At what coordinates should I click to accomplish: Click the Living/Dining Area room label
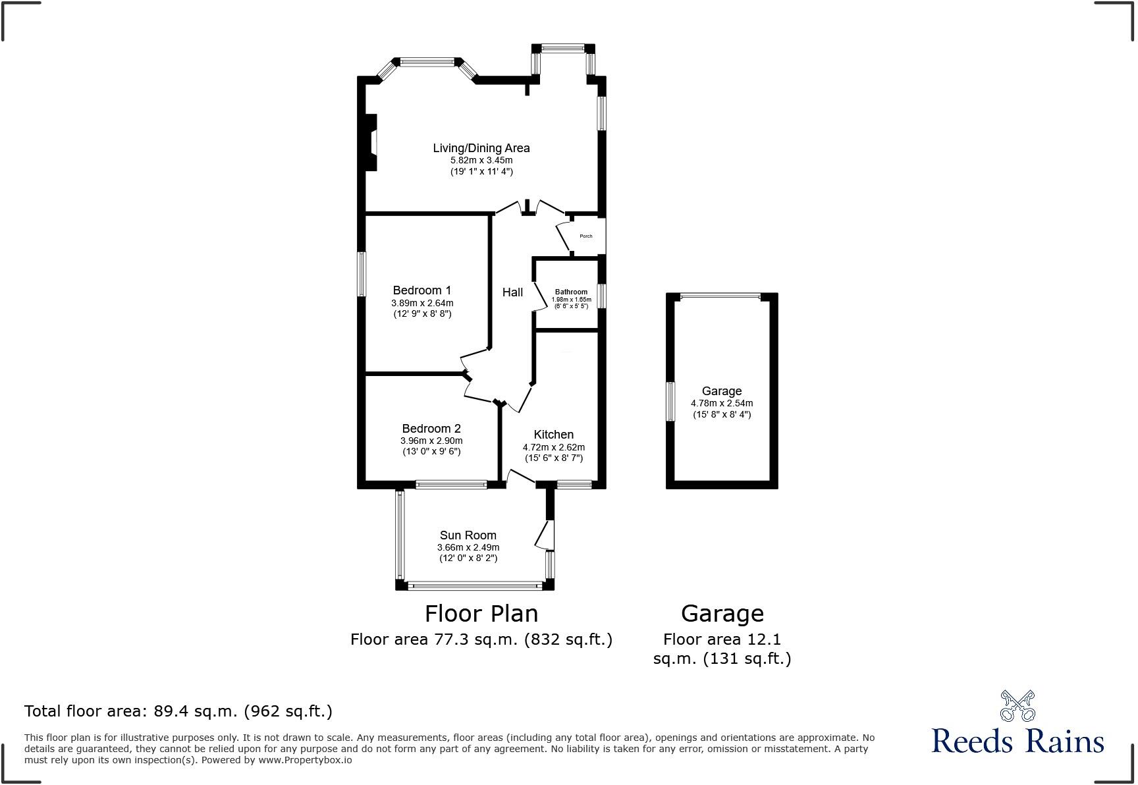(x=481, y=148)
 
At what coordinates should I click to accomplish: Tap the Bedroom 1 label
(x=421, y=290)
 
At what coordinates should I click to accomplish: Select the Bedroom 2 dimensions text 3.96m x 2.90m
(x=431, y=441)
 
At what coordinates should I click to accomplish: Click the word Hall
(x=512, y=292)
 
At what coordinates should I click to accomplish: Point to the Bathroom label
(x=571, y=292)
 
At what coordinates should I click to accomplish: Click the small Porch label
(x=585, y=236)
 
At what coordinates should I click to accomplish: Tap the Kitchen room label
(x=553, y=435)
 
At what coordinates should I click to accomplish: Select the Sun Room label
(x=468, y=535)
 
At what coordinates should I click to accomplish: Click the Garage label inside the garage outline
(x=721, y=391)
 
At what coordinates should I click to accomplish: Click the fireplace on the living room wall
(x=371, y=143)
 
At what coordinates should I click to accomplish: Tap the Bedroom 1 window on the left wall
(x=362, y=274)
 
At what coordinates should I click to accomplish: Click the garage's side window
(x=670, y=401)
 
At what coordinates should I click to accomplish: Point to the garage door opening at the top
(x=721, y=297)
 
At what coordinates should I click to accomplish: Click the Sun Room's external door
(x=545, y=535)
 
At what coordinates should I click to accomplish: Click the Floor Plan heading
(x=481, y=614)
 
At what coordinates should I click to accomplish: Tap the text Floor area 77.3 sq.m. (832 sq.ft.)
(x=481, y=639)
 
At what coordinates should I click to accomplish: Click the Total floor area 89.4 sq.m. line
(x=178, y=711)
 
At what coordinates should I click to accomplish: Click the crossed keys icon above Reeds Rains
(x=1017, y=705)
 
